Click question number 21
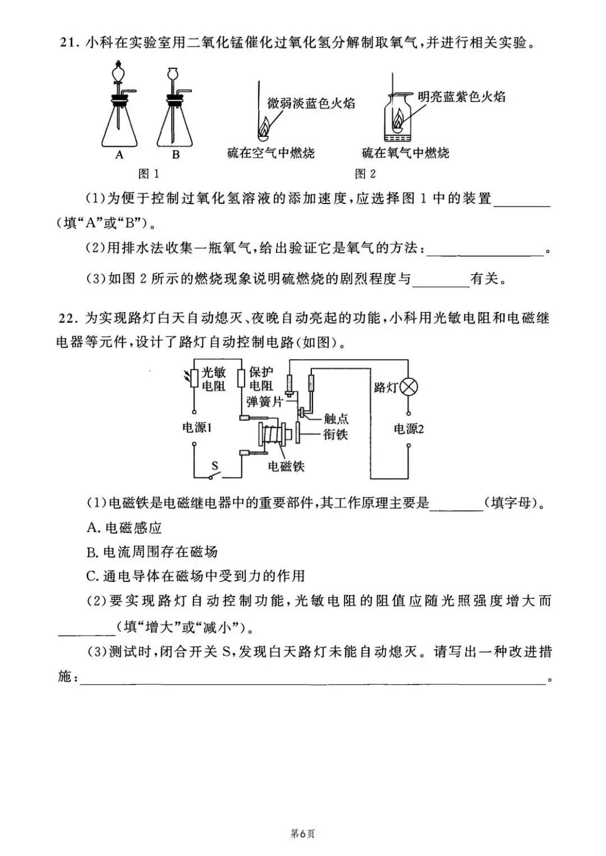click(70, 43)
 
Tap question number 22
click(70, 318)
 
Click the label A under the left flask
click(119, 155)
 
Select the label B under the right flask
click(176, 155)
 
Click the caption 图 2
click(365, 174)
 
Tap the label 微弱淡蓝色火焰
click(311, 103)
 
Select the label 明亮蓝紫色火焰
click(461, 96)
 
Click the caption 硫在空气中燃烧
click(271, 153)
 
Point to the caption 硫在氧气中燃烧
click(405, 153)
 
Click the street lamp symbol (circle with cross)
click(409, 386)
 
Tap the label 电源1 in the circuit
click(196, 428)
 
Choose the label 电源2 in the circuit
click(408, 429)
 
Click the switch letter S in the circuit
click(214, 465)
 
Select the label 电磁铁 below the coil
click(286, 466)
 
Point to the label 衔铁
click(336, 434)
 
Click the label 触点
click(336, 419)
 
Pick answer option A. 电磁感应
click(124, 528)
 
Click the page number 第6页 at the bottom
click(302, 834)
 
